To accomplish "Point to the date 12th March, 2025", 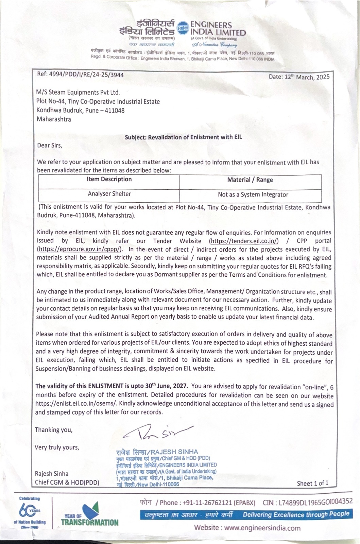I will point(299,77).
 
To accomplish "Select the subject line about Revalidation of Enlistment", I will point(183,137).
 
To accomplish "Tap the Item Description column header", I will point(109,179).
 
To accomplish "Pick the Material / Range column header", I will point(250,180).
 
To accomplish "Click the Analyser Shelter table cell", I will point(109,194).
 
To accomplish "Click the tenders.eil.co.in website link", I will point(244,241).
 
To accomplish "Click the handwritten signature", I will point(158,432).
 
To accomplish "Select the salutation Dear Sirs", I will point(50,146).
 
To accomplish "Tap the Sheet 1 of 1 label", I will point(312,483).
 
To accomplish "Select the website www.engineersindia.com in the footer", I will point(247,528).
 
